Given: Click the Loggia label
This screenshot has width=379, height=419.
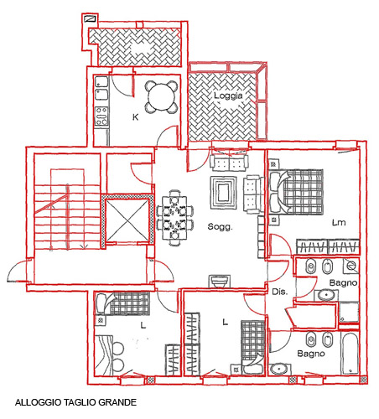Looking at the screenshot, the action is coord(228,96).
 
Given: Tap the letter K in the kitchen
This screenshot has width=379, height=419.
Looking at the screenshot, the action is coord(135,117).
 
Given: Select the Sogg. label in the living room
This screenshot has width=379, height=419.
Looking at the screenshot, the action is coord(220,227).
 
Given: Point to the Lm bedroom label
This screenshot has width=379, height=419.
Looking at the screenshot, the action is coord(339,223).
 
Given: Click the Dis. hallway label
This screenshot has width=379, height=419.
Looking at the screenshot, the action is coord(279,292).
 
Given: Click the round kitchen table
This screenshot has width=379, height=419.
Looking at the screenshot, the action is coord(162,97).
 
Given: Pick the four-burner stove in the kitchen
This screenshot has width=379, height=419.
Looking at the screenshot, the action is coord(101,116).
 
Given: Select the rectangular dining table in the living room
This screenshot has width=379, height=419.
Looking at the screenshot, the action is coord(175,218).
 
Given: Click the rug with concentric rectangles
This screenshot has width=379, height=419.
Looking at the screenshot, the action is coord(223,193).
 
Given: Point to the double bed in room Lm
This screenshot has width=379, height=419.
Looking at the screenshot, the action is coord(296,192).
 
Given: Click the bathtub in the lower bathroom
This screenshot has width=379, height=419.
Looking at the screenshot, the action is coord(350,353).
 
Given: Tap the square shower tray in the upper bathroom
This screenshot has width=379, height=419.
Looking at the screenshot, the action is coord(349,312).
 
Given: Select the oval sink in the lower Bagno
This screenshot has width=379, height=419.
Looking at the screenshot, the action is coord(279,370).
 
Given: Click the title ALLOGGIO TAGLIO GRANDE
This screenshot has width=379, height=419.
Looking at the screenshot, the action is coord(75,402).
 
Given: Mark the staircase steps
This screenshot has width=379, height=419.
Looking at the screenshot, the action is coord(67,216).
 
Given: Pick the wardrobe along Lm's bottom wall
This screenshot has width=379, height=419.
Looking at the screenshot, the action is coord(328,246).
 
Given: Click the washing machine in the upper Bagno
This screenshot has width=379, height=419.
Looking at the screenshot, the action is coord(351,266).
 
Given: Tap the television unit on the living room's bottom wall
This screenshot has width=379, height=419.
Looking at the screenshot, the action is coord(220,282).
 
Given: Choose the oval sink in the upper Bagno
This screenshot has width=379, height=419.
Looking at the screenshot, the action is coord(326,295).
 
